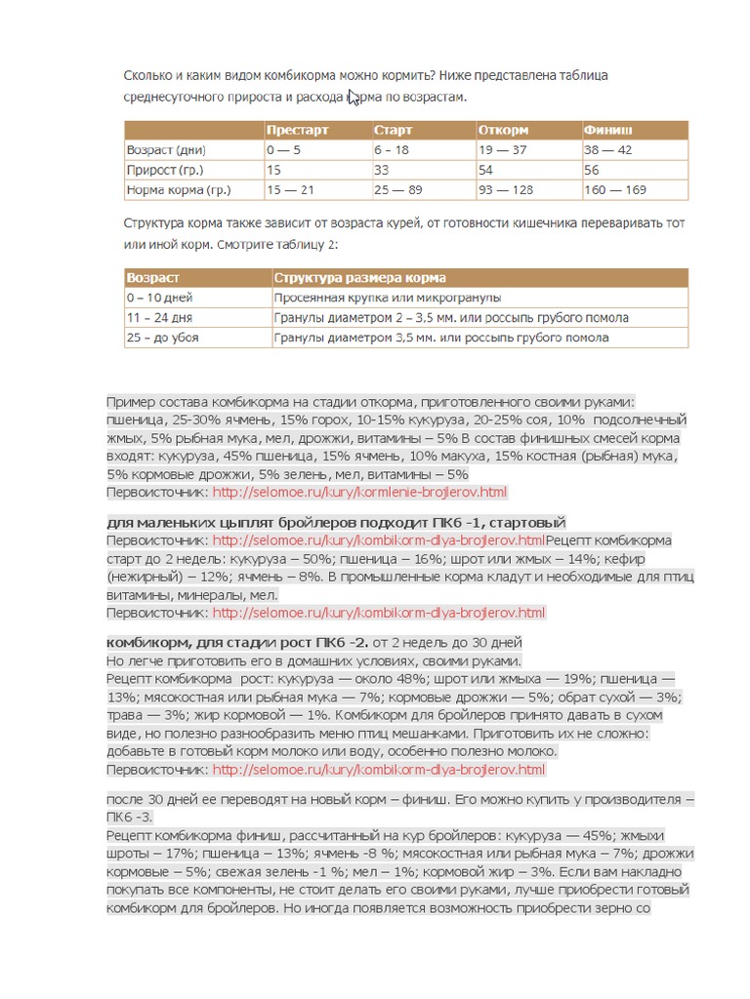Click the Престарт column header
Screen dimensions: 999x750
(297, 131)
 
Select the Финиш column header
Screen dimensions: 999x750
(607, 131)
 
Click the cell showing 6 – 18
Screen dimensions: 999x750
(391, 150)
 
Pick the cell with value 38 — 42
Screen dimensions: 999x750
(607, 150)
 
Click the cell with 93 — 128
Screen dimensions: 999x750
(506, 189)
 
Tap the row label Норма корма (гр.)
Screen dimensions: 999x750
(178, 189)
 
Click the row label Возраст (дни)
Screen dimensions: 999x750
(166, 150)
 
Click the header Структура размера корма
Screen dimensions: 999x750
(360, 279)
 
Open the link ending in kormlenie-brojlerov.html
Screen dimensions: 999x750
(360, 493)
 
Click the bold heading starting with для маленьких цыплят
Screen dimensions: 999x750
(336, 523)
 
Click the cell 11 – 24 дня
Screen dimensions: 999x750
(160, 318)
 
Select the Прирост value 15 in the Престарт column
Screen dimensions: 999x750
(273, 170)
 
